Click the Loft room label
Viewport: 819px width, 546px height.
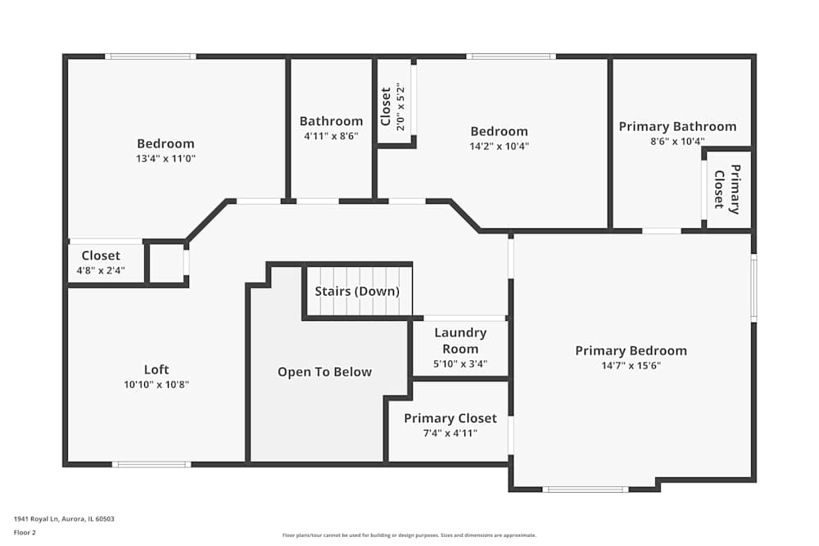click(x=156, y=369)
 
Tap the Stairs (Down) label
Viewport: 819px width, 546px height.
click(x=357, y=291)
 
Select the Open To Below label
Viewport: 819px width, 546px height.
click(x=324, y=372)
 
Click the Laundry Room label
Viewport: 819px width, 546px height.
click(x=460, y=341)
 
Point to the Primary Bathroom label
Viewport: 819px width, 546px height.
click(x=677, y=126)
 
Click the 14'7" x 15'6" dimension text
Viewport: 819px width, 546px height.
click(x=631, y=366)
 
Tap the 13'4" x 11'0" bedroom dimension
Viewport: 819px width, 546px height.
click(x=166, y=159)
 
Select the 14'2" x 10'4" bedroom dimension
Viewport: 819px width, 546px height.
click(x=499, y=147)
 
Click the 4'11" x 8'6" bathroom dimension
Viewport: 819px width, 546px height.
click(x=331, y=136)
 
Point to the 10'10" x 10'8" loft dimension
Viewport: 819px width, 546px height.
click(x=156, y=384)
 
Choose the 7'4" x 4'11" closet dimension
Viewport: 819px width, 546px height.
click(x=450, y=433)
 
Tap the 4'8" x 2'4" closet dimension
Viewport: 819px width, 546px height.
click(x=101, y=270)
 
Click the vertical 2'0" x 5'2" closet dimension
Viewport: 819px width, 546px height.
click(x=400, y=107)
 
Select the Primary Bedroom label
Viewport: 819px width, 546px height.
click(x=631, y=351)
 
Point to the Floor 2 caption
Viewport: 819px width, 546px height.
click(x=25, y=532)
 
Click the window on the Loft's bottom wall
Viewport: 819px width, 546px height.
click(x=152, y=464)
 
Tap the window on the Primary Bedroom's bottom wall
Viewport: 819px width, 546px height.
click(x=586, y=490)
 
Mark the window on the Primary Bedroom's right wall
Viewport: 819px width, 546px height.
click(x=753, y=287)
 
